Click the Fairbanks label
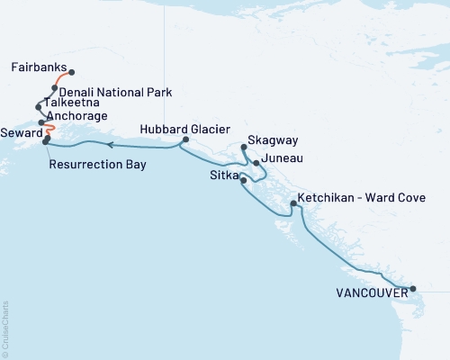click(x=40, y=67)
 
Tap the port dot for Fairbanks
click(x=72, y=73)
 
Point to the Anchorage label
click(x=77, y=116)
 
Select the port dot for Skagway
click(x=244, y=149)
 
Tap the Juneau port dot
click(x=256, y=163)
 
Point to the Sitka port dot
click(x=244, y=181)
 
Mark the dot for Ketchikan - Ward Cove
click(x=292, y=204)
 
